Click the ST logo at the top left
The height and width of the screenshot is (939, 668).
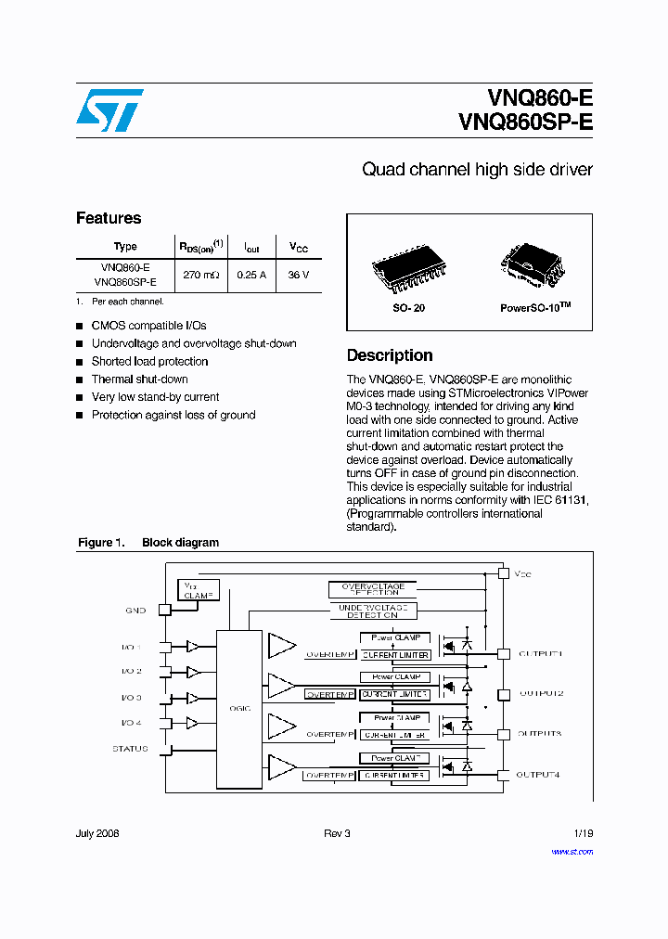click(x=109, y=110)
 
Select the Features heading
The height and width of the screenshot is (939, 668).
click(x=109, y=218)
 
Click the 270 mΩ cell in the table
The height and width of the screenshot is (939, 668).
click(x=201, y=275)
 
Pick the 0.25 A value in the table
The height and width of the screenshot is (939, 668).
click(x=251, y=275)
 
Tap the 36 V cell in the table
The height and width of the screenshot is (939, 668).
click(x=299, y=275)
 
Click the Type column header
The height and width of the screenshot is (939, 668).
click(x=125, y=246)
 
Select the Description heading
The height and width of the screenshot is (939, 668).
click(x=390, y=355)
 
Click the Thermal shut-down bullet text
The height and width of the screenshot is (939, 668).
click(x=139, y=379)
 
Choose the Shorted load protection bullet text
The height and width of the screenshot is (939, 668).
click(x=149, y=362)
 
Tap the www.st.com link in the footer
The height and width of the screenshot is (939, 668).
click(x=572, y=851)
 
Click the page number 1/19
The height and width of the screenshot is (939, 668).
click(x=583, y=833)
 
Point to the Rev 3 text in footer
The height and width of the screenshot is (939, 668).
click(x=337, y=833)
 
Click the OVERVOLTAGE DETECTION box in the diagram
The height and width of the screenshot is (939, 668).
click(x=374, y=589)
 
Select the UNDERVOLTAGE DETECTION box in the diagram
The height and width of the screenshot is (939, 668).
click(x=372, y=611)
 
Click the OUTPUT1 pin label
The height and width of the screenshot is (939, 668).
click(x=540, y=654)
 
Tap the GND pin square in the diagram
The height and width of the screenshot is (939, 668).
click(x=164, y=610)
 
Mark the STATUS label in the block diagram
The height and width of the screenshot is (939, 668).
click(x=130, y=748)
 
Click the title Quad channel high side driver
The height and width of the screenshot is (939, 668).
click(x=477, y=170)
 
